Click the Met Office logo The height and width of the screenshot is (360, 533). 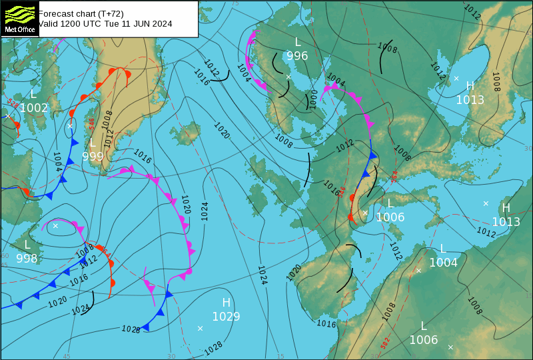click(x=19, y=18)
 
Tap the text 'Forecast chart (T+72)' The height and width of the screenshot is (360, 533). click(x=81, y=13)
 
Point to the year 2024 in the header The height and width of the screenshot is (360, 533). click(x=160, y=24)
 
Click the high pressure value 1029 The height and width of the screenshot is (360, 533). click(x=226, y=317)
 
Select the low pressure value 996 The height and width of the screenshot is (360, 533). click(x=297, y=56)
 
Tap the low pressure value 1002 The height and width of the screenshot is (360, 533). click(x=34, y=108)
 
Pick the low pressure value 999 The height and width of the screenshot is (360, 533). click(x=93, y=157)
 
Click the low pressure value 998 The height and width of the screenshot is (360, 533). click(x=27, y=259)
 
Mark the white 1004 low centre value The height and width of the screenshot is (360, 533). click(x=443, y=263)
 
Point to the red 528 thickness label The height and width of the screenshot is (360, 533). click(x=12, y=104)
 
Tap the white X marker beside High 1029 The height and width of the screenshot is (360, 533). click(x=200, y=328)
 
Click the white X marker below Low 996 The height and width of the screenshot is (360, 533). click(x=288, y=77)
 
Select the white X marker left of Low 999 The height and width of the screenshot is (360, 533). click(x=70, y=125)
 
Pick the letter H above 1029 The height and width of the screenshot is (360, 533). click(x=226, y=303)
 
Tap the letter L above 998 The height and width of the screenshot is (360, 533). click(x=27, y=245)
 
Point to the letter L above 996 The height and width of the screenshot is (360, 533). click(x=298, y=42)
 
